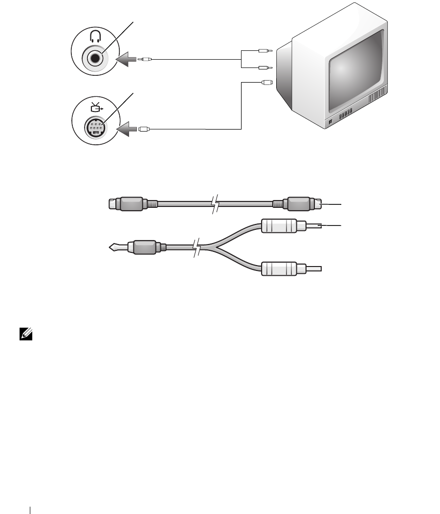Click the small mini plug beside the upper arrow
(145, 60)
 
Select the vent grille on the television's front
(378, 95)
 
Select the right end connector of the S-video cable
(303, 204)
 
